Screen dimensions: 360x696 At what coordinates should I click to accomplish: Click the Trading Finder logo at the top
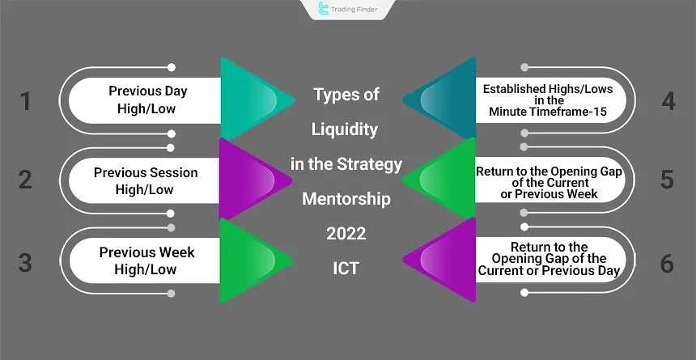click(347, 10)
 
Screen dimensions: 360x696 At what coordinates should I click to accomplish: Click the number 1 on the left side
click(25, 101)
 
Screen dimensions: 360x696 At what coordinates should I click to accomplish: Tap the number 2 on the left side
click(25, 180)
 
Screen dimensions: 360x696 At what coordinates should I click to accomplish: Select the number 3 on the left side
click(25, 262)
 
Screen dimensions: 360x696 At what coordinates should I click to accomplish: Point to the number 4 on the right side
click(668, 101)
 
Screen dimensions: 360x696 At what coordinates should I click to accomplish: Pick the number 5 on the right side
click(668, 180)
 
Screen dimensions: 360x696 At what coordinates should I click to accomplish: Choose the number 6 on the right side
click(668, 262)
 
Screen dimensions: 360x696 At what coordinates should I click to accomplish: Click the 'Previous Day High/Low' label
click(142, 100)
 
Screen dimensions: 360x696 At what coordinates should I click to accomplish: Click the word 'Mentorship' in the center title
click(346, 199)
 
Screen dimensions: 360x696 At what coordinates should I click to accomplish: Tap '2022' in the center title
click(346, 234)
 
